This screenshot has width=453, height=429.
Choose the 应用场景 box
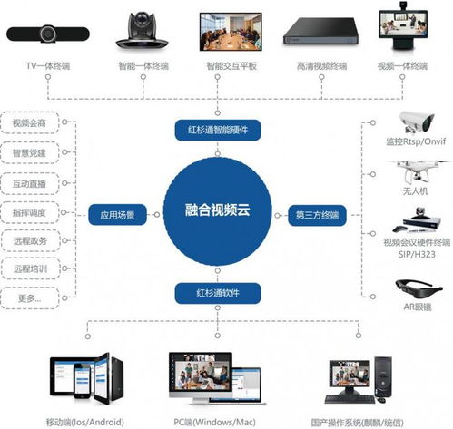tap(112, 215)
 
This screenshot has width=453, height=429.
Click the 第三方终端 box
tap(317, 215)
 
